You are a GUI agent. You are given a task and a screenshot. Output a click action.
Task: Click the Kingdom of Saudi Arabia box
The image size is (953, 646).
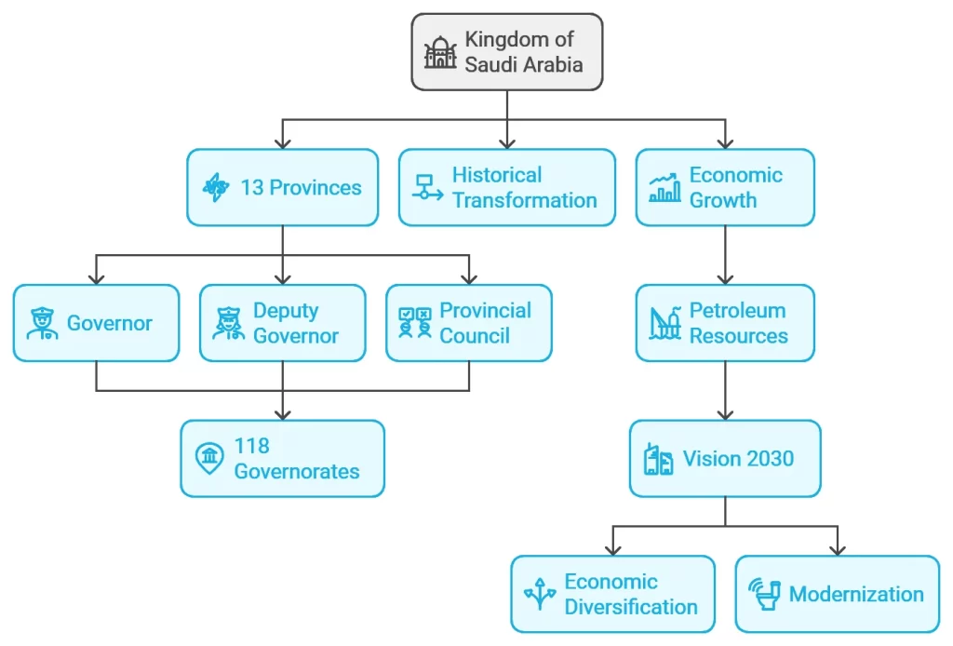point(506,52)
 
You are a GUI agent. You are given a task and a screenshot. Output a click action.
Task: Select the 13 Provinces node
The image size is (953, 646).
point(282,187)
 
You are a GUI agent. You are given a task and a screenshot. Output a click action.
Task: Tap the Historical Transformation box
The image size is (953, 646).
point(506,187)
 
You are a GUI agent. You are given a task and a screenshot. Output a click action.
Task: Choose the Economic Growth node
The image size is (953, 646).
point(725,187)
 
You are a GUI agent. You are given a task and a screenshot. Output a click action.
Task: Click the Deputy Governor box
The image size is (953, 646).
point(282,323)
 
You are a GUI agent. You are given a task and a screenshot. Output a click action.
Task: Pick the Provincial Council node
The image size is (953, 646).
point(468,323)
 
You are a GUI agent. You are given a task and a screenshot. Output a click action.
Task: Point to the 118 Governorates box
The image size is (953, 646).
point(282,458)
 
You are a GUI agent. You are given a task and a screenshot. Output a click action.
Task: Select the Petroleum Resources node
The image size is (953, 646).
point(725,323)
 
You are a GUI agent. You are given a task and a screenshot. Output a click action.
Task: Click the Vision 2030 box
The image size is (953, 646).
point(725,458)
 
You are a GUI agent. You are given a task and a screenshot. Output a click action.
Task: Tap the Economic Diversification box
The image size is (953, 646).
point(612,594)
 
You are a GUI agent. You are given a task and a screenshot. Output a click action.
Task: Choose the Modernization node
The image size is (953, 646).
point(837,594)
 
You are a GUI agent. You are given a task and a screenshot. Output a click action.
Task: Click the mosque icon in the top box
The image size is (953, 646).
point(440,53)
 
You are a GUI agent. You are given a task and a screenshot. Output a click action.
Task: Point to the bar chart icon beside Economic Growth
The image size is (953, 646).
point(664,187)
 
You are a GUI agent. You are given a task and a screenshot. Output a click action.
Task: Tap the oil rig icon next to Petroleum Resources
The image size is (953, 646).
point(664,323)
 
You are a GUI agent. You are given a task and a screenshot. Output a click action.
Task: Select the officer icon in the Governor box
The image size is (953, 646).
point(42,323)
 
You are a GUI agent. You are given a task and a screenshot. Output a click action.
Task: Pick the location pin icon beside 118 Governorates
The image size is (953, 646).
point(209,458)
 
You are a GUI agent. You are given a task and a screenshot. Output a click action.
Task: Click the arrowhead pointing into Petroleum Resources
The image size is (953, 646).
point(725,278)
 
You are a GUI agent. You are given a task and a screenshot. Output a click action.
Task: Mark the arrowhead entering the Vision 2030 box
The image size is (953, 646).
point(725,414)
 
